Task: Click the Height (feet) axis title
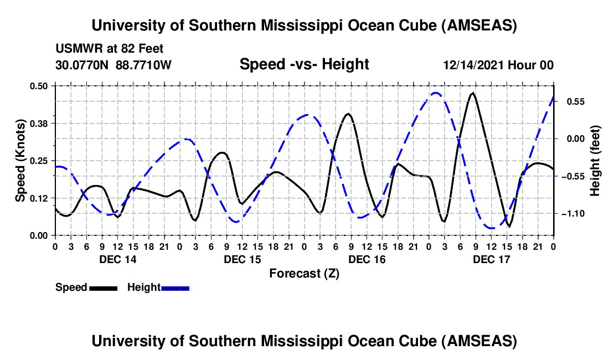(x=595, y=161)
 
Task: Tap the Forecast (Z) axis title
(x=304, y=273)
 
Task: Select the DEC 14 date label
(x=117, y=259)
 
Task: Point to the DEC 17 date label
(x=491, y=259)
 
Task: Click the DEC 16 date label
(x=367, y=259)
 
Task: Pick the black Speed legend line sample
(x=103, y=287)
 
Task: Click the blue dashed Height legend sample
(x=176, y=287)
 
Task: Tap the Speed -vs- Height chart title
(x=304, y=64)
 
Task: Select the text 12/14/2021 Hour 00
(x=498, y=65)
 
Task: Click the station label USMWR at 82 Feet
(x=110, y=49)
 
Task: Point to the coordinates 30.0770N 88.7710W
(x=113, y=65)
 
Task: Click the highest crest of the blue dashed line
(x=436, y=92)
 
